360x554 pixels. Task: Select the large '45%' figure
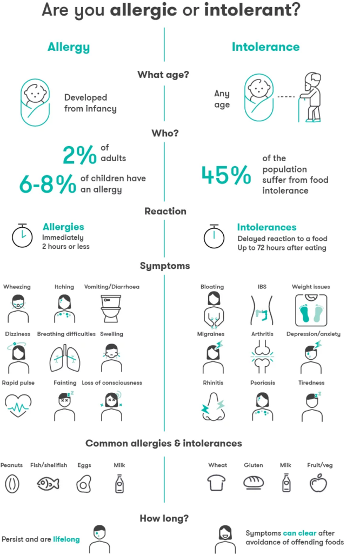coord(226,174)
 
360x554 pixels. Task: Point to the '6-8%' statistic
coord(48,184)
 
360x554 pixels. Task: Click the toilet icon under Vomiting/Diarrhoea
coord(112,308)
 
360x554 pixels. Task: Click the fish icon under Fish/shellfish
coord(48,483)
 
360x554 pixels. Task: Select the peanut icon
coord(11,483)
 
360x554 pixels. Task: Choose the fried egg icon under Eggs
coord(84,483)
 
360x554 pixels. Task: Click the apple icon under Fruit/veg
coord(318,483)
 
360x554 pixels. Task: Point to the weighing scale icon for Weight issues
coord(310,309)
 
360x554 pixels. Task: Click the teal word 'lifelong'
coord(66,539)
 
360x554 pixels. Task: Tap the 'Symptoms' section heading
coord(165,266)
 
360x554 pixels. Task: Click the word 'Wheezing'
coord(17,286)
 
